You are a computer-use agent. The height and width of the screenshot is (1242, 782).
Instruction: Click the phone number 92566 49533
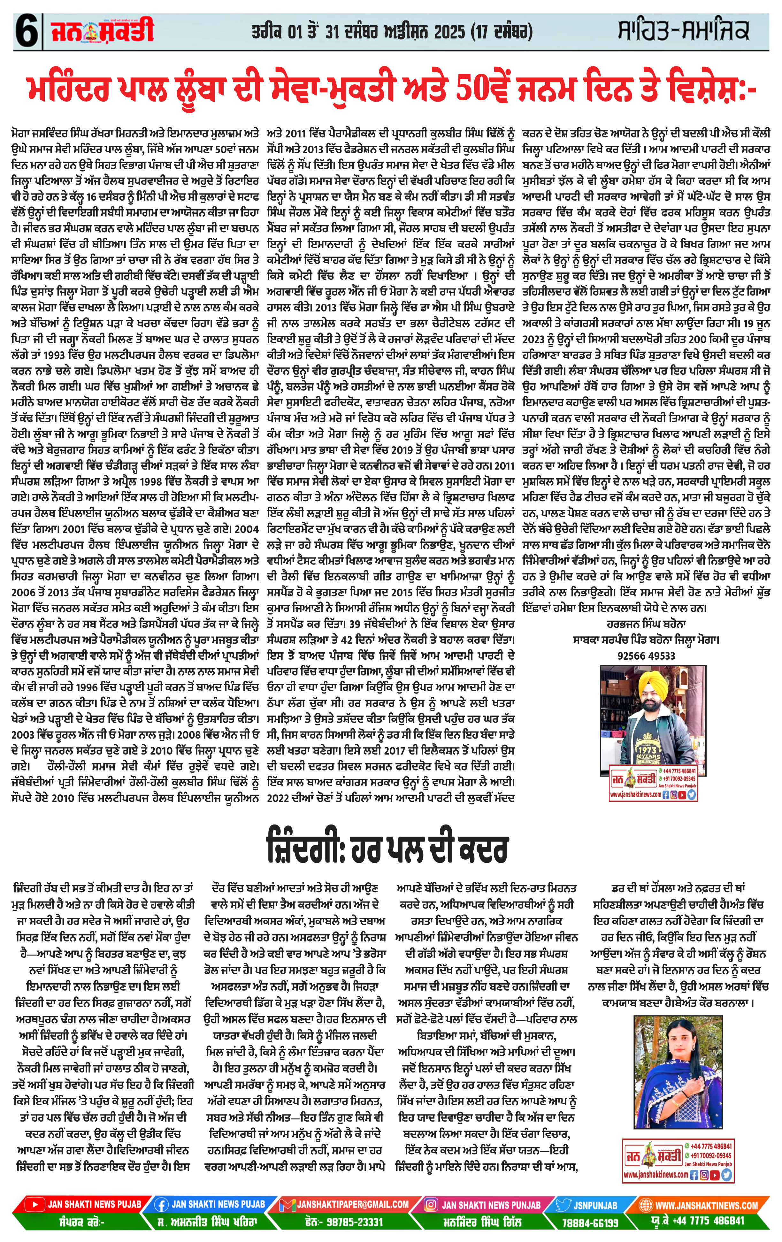[x=646, y=655]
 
